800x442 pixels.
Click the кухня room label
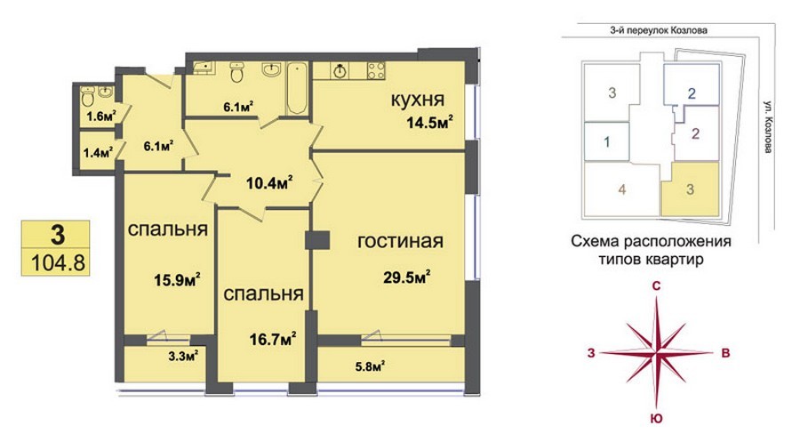[418, 100]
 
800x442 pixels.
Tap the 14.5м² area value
[430, 123]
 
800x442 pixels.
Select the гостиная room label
[400, 241]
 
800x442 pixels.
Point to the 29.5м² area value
[407, 277]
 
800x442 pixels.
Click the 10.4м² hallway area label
[269, 182]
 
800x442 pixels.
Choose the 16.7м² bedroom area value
[273, 339]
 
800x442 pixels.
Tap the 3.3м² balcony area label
[183, 357]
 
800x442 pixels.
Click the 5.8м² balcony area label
[370, 366]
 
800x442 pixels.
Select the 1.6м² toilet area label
[101, 117]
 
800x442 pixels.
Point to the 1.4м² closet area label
[98, 152]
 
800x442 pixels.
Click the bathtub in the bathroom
[296, 89]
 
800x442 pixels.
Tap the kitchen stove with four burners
[376, 70]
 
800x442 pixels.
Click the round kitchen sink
[340, 71]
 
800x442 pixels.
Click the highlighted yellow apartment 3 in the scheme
[690, 189]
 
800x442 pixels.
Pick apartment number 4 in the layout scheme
[622, 189]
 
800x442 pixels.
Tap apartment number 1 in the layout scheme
[606, 142]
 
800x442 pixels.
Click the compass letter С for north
[657, 285]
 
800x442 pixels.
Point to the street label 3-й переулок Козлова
[659, 30]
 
